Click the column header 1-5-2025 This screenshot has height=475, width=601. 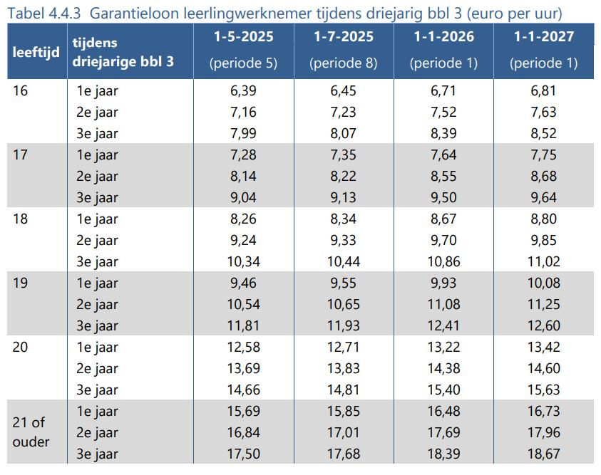[243, 37]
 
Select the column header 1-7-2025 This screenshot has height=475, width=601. [343, 37]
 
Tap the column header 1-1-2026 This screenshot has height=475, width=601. [443, 37]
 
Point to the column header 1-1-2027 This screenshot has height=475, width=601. [544, 37]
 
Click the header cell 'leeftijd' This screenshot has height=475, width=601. [36, 53]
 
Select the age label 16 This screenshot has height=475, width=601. [21, 90]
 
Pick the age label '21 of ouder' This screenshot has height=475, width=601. [31, 432]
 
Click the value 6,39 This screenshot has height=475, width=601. [243, 90]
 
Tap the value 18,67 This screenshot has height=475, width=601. [544, 454]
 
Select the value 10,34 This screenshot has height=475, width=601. [243, 261]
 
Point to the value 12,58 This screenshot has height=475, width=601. [243, 347]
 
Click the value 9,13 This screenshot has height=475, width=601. [343, 197]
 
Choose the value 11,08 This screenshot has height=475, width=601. [443, 304]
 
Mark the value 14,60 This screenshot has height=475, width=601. [544, 368]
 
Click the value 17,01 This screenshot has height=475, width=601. [343, 432]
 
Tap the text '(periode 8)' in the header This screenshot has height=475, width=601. [343, 63]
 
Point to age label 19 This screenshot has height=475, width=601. [21, 283]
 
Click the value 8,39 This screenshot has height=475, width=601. [443, 133]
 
